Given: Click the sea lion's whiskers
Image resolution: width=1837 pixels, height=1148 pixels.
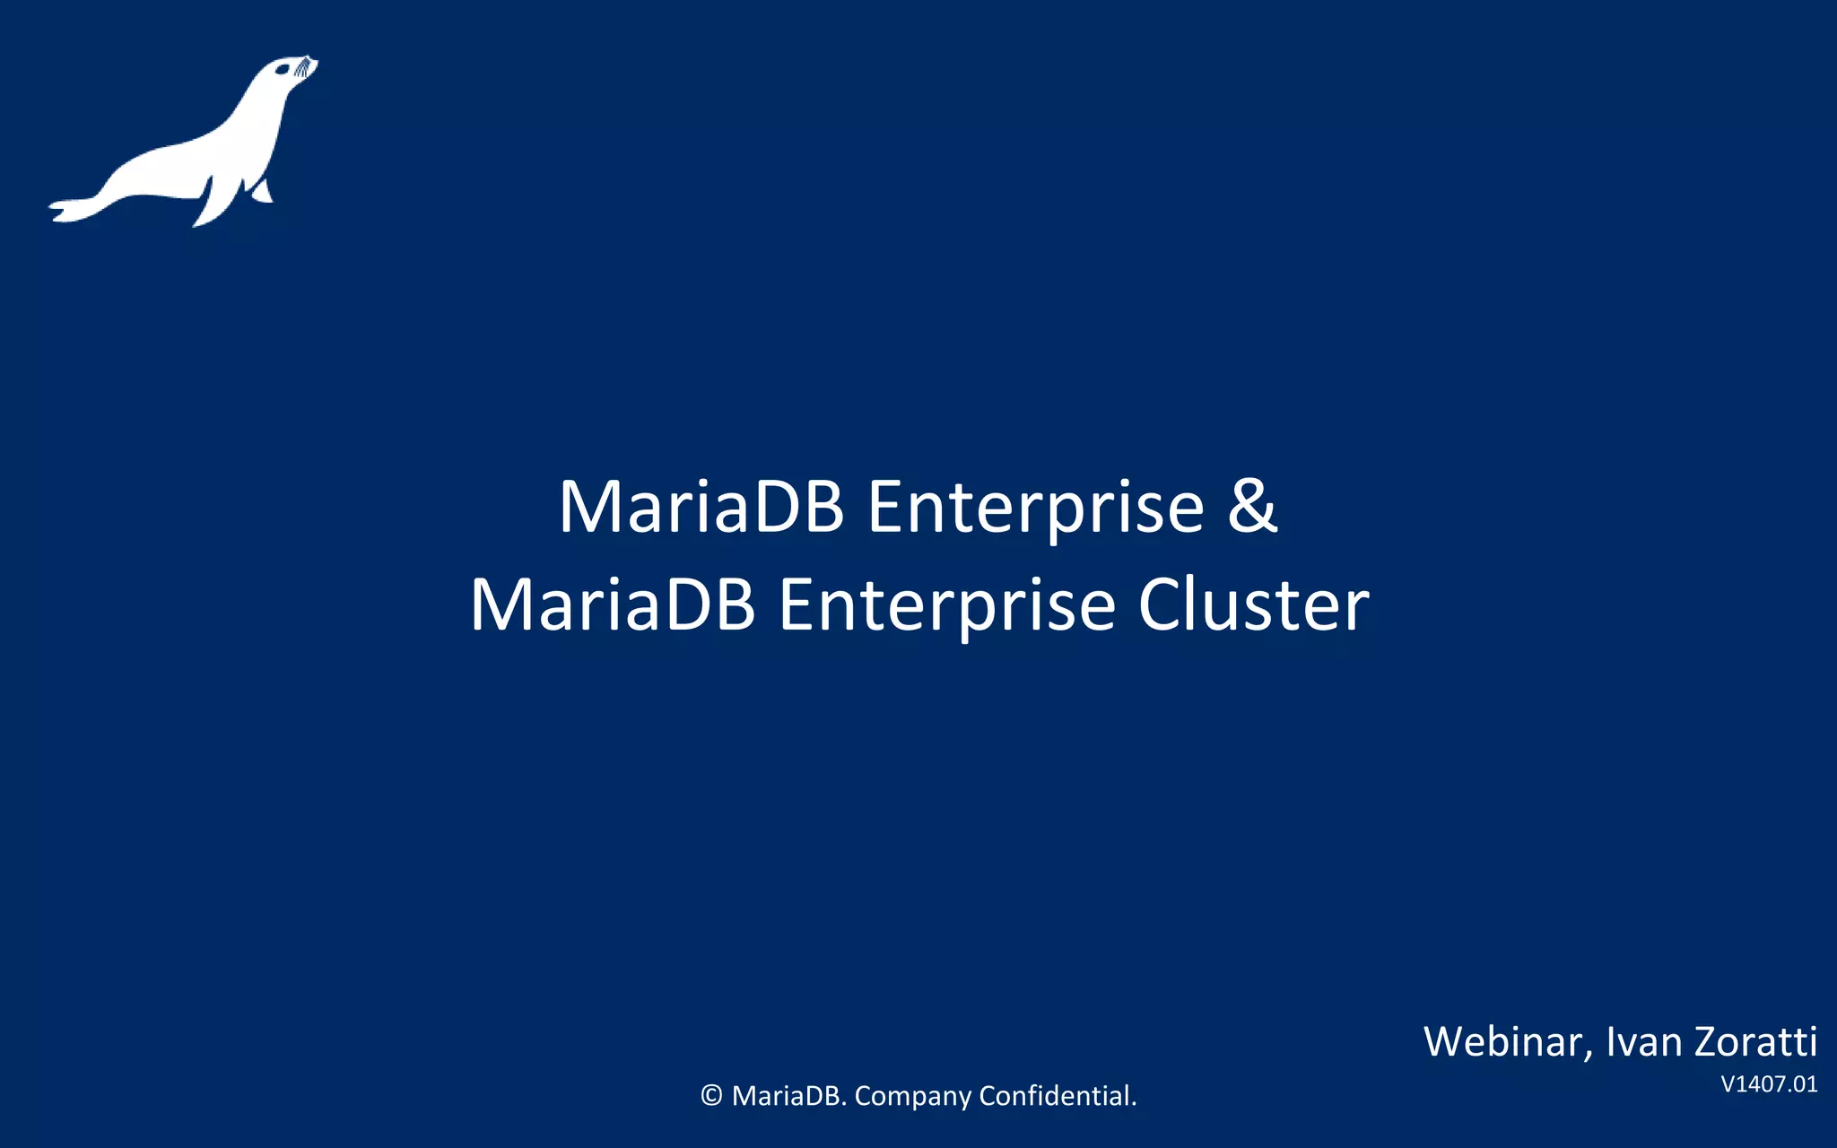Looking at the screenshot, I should coord(306,65).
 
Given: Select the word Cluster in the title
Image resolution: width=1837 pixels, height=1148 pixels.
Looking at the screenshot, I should coord(1253,605).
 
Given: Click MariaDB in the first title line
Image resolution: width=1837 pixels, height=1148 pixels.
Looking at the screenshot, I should coord(701,507).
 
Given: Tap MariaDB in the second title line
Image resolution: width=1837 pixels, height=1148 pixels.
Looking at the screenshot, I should coord(613,605).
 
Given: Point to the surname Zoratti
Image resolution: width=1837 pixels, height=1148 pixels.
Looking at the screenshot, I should coord(1756,1042).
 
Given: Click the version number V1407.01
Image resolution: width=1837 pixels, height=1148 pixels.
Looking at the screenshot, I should coord(1769,1084).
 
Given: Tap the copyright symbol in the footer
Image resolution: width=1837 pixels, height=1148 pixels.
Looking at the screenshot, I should coord(711,1096).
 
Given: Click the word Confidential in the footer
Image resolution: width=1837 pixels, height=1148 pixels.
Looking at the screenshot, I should coord(1058,1096).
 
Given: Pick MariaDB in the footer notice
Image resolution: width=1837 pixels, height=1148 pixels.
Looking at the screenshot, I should coord(789,1096).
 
